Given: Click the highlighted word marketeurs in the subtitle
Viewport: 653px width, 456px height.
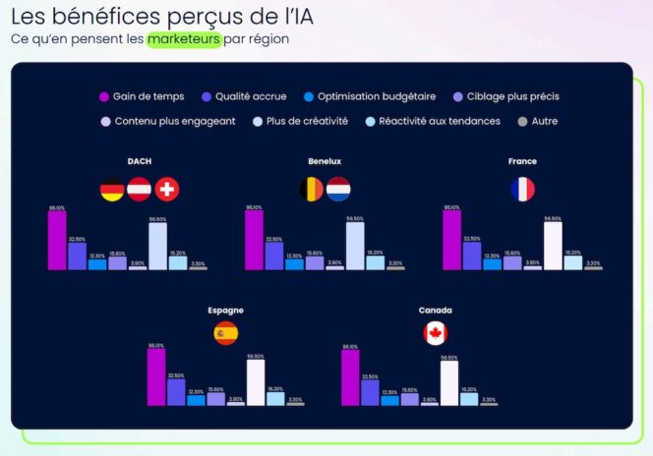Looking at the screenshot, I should click(184, 39).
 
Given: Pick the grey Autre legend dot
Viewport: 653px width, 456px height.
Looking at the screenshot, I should click(522, 122).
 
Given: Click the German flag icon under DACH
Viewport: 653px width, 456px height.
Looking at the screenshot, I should click(112, 190).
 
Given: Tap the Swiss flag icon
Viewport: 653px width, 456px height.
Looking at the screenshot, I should click(167, 190).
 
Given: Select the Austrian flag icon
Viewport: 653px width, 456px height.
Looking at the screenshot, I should click(140, 190).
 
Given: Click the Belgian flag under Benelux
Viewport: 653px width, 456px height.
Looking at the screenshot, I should click(311, 190).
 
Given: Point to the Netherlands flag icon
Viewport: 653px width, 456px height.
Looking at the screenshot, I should click(338, 190).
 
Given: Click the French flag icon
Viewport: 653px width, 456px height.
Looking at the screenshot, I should click(522, 190).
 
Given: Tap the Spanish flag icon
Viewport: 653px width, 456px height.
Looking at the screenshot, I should click(225, 333).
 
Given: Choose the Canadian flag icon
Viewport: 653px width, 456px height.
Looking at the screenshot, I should click(435, 333).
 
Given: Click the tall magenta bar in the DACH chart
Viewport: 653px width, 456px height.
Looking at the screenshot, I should click(57, 240).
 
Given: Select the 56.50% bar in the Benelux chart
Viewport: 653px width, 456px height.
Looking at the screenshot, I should click(355, 246).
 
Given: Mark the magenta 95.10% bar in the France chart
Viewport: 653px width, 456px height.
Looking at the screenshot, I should click(452, 240).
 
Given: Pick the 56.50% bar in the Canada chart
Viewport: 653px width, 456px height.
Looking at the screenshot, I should click(449, 383).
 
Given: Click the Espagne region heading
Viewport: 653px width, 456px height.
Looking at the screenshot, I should click(225, 310).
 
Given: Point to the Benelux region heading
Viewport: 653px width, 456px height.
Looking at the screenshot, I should click(325, 161).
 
